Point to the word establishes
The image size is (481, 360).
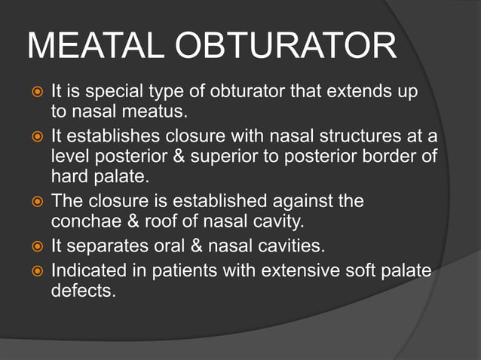pos(110,137)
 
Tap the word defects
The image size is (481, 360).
pos(83,290)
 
